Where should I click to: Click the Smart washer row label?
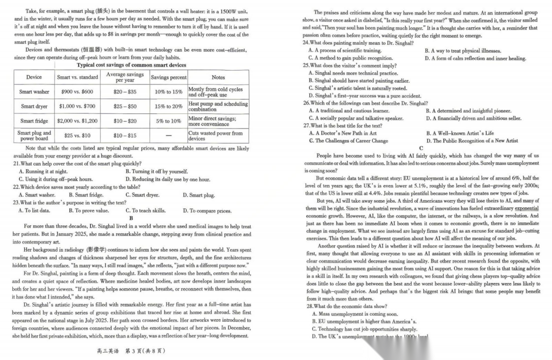point(34,92)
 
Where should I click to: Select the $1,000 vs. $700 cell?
point(77,106)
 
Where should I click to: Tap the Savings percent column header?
point(169,77)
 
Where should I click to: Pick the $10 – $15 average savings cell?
point(125,136)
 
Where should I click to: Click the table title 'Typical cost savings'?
point(131,65)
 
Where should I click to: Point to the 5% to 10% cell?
point(169,121)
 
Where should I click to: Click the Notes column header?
point(218,77)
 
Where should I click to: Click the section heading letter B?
point(131,218)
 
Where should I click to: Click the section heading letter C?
point(421,148)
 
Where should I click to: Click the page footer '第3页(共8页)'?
point(131,351)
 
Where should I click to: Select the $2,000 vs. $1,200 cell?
point(77,121)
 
